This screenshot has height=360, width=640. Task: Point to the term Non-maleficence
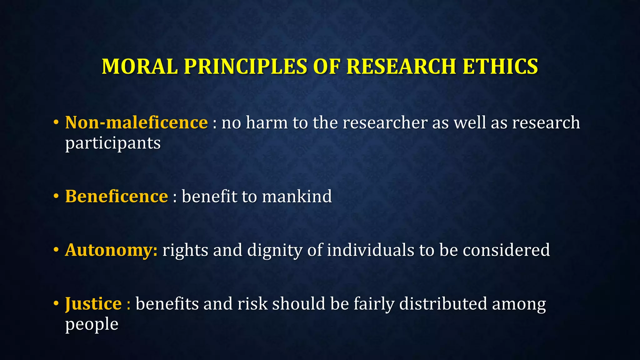136,122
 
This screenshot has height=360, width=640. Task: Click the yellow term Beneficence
117,196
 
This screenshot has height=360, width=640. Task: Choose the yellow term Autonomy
111,250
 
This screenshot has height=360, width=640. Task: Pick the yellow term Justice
93,304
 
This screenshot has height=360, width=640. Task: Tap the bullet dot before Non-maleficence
56,122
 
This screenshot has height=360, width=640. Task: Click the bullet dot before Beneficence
56,196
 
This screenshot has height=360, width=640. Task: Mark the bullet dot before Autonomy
56,250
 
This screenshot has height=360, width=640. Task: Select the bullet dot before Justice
56,304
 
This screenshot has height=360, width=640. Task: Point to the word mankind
297,196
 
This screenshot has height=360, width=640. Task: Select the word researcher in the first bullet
385,122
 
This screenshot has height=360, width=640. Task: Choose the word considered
506,250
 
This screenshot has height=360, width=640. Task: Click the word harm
267,122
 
